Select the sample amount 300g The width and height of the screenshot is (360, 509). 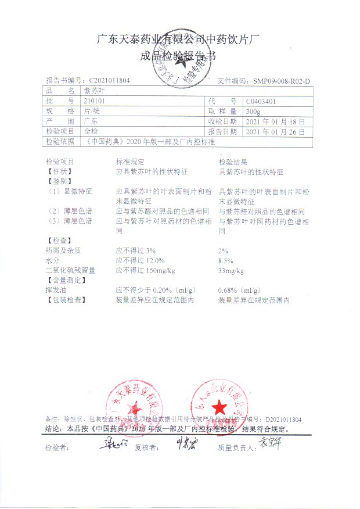(x=253, y=111)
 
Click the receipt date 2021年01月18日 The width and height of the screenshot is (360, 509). (x=275, y=121)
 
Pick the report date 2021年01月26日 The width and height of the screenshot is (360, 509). (x=275, y=131)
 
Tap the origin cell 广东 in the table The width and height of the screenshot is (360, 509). (x=91, y=121)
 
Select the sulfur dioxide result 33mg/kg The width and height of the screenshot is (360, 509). (x=231, y=271)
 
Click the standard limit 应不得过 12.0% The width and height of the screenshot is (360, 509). (x=140, y=261)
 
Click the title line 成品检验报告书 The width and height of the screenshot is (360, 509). (x=179, y=56)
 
